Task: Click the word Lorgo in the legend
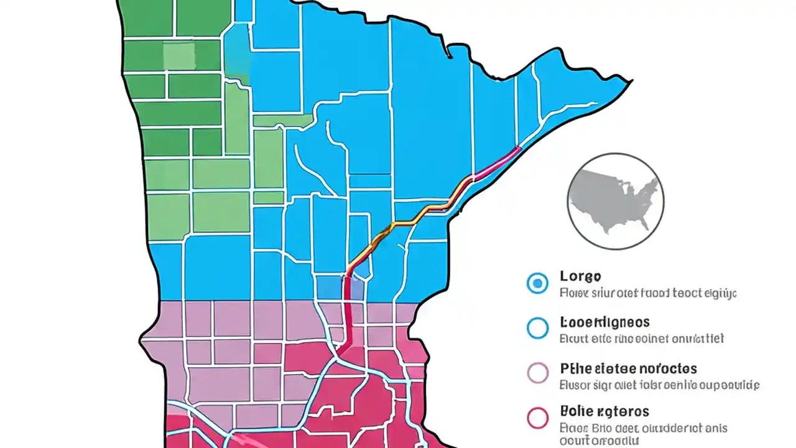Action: click(580, 276)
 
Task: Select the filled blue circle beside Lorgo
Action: click(537, 283)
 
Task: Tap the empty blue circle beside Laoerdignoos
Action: click(537, 328)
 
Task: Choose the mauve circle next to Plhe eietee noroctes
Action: click(537, 373)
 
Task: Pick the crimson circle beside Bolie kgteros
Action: click(537, 418)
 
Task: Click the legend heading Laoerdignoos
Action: click(604, 322)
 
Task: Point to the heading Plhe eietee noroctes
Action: click(628, 368)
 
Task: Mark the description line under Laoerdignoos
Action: click(641, 339)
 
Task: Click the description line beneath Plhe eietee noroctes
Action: click(659, 385)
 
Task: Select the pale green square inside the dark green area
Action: click(178, 55)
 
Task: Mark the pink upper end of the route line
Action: click(504, 157)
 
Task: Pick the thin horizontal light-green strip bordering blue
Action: click(283, 120)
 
